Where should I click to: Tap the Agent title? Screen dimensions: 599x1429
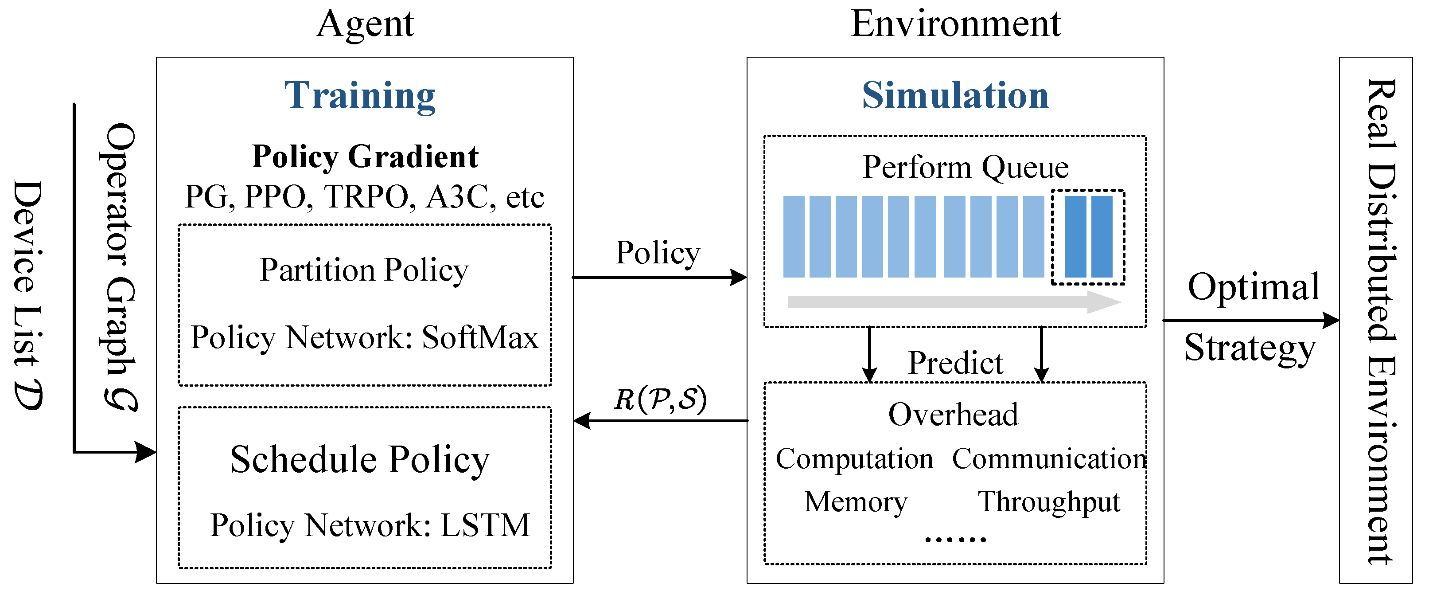(x=365, y=24)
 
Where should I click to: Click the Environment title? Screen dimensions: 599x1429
(x=955, y=24)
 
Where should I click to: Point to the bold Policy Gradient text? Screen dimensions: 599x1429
(x=365, y=157)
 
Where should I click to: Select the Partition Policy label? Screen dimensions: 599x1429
(x=364, y=270)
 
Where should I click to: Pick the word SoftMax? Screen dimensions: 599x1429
(x=480, y=337)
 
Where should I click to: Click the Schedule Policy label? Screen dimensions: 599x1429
(x=360, y=460)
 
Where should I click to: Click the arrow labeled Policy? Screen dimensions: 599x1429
(x=659, y=277)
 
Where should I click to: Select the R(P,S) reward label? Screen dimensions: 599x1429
(x=660, y=399)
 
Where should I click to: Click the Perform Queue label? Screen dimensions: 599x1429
(x=965, y=167)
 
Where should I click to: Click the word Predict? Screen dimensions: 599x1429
(x=955, y=364)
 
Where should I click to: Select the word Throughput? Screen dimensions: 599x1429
(x=1048, y=502)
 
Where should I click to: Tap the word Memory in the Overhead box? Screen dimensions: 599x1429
(x=855, y=502)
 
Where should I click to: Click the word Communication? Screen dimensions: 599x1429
(x=1048, y=459)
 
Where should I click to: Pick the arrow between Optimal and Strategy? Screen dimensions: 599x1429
(x=1250, y=320)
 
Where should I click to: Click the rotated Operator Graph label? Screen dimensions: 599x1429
(x=119, y=266)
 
